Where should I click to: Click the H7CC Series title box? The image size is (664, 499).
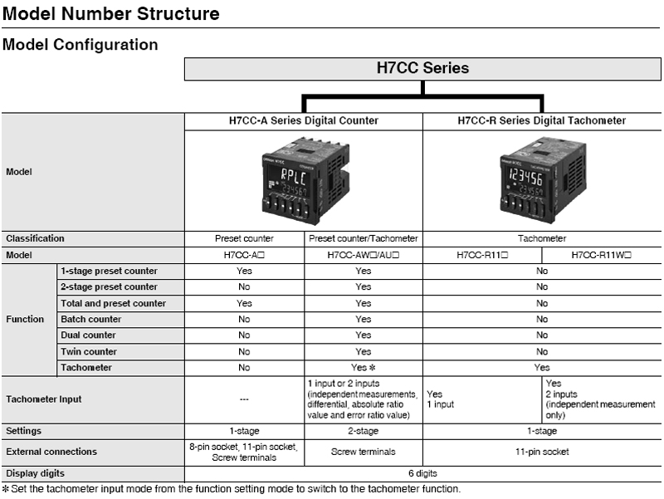[422, 69]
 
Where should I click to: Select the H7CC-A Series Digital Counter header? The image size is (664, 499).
[304, 120]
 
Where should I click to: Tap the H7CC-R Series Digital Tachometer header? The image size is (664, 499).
[542, 120]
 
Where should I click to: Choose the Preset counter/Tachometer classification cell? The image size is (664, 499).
[364, 238]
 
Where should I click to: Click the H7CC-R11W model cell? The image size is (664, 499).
[601, 255]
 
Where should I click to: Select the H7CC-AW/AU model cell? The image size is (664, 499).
[364, 255]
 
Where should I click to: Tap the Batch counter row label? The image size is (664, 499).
[91, 320]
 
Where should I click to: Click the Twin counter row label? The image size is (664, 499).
[89, 351]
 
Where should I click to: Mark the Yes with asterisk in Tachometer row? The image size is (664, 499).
[364, 368]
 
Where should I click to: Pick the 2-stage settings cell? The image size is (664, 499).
[364, 431]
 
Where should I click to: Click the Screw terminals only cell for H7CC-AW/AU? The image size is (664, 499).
[364, 452]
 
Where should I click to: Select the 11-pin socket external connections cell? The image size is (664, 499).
[542, 452]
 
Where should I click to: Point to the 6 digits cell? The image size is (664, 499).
[422, 473]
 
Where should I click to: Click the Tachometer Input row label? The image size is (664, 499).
[44, 399]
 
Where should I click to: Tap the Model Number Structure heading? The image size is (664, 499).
[111, 13]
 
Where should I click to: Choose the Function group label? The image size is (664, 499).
[25, 320]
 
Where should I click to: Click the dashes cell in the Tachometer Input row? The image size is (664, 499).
[244, 399]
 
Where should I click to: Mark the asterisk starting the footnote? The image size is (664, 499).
[6, 489]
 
